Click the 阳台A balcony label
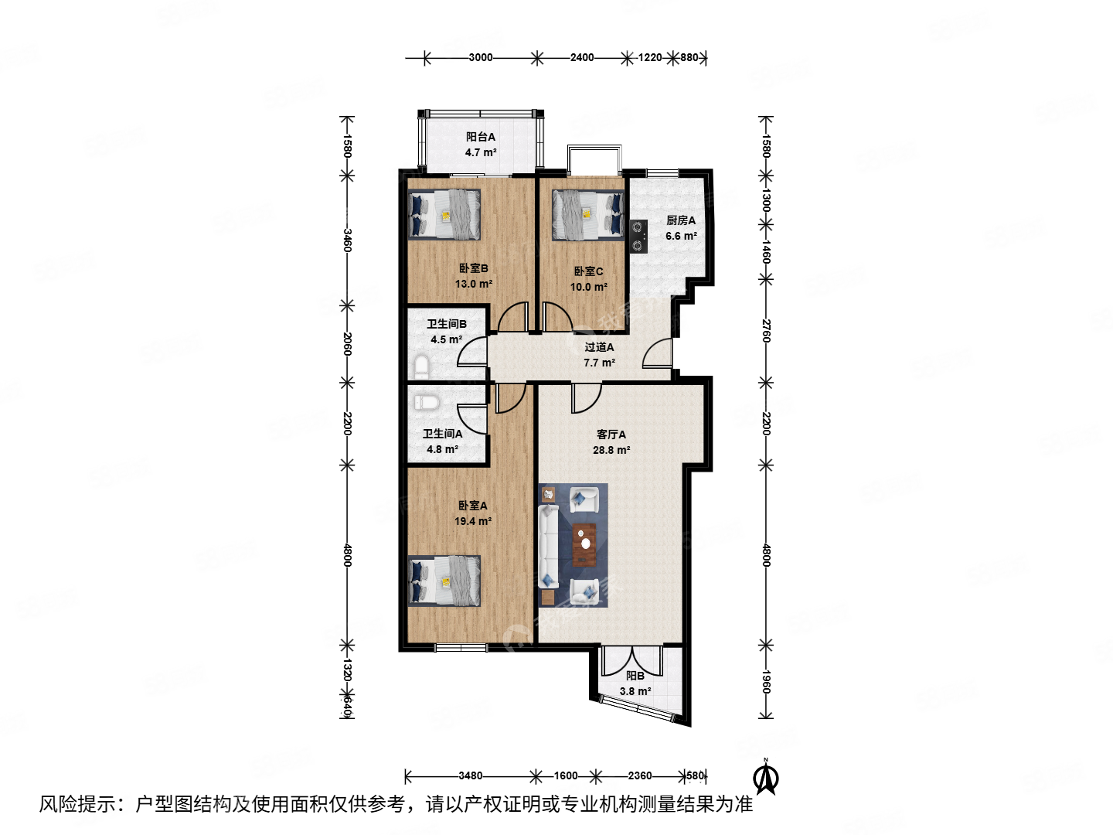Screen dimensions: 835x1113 [x=480, y=137]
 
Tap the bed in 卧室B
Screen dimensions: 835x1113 [x=444, y=215]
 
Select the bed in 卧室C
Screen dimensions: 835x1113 [x=587, y=215]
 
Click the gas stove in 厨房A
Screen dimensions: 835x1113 [x=638, y=237]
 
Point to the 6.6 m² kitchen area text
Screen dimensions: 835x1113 [x=681, y=236]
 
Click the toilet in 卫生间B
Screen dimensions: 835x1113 [x=422, y=365]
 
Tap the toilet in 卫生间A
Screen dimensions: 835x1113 [x=426, y=402]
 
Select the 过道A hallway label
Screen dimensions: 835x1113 [x=599, y=347]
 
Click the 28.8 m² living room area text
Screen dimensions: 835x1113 [x=611, y=450]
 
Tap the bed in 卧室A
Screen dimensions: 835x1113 [x=444, y=581]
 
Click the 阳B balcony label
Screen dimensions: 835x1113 [x=635, y=676]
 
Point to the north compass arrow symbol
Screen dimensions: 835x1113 [x=766, y=777]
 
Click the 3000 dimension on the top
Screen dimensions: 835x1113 [x=480, y=57]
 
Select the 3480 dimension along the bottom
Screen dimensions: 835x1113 [x=470, y=775]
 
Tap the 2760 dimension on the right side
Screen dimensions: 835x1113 [x=766, y=330]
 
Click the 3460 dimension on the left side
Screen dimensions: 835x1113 [x=348, y=240]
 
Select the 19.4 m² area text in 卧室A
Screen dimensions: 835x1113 [x=472, y=521]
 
